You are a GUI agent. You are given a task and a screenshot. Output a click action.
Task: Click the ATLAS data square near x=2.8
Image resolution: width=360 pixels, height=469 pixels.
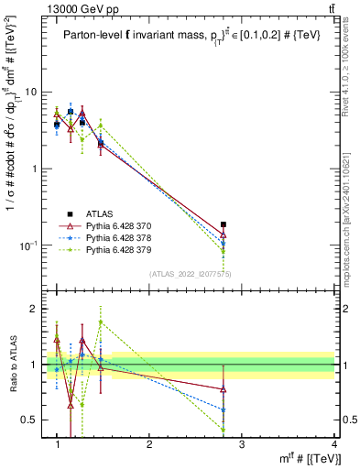(249, 224)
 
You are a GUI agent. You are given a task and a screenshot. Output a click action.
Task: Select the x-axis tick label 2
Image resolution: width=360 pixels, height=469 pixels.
(149, 444)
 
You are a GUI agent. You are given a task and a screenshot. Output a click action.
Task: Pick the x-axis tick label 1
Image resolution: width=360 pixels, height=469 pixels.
(58, 444)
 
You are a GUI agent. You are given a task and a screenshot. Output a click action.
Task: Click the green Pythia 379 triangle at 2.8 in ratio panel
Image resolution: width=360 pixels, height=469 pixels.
(249, 430)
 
